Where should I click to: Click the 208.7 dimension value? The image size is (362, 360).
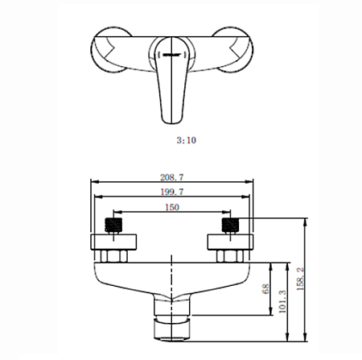pos(172,177)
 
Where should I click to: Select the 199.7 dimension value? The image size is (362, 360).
pos(172,192)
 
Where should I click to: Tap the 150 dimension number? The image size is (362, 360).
pos(172,207)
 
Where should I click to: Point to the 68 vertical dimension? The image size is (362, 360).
pos(265,289)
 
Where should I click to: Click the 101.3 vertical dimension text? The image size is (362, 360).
pos(282,301)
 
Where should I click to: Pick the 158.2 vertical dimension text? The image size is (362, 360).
pos(301,279)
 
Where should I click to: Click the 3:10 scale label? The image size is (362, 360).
pos(187,140)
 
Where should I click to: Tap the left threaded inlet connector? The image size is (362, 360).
pos(113,225)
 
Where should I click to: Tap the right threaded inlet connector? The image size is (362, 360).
pos(230,225)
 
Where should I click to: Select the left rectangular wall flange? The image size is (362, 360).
pos(113,242)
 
